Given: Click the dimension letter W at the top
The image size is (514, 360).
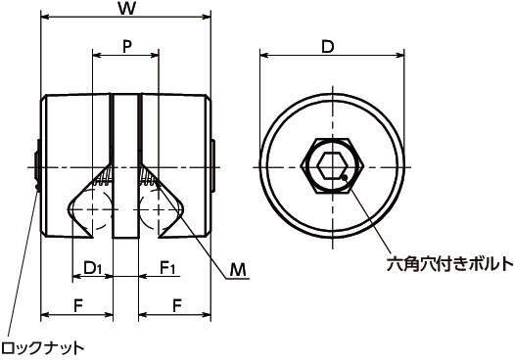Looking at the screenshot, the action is click(127, 8).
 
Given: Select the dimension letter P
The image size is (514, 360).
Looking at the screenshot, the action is click(127, 47).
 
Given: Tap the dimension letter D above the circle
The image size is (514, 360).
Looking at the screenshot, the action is click(327, 47).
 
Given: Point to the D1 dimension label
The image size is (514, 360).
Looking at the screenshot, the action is click(93, 268).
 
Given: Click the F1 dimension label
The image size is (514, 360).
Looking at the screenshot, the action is click(167, 268).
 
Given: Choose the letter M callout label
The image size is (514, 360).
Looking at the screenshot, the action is click(237, 270).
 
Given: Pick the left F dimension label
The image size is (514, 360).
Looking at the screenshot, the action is click(77, 306).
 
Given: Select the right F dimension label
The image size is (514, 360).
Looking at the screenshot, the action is click(177, 306).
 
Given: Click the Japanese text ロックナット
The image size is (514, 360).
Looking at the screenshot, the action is click(42, 348).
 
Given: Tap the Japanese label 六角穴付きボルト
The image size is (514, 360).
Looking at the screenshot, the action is click(449, 264).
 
